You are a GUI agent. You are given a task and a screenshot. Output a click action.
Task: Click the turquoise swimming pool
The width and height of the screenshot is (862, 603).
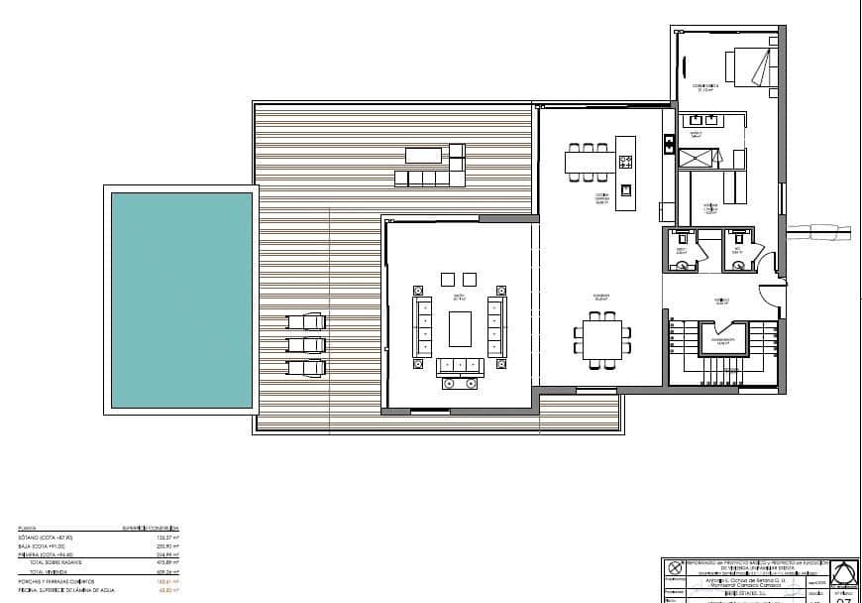(x=181, y=300)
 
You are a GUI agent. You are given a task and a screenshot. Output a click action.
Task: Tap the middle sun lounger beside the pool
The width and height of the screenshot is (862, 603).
(x=306, y=344)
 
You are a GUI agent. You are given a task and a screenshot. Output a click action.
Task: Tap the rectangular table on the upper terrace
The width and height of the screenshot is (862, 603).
(x=425, y=155)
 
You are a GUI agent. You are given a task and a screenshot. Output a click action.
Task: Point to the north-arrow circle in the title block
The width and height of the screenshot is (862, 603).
(x=677, y=568)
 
